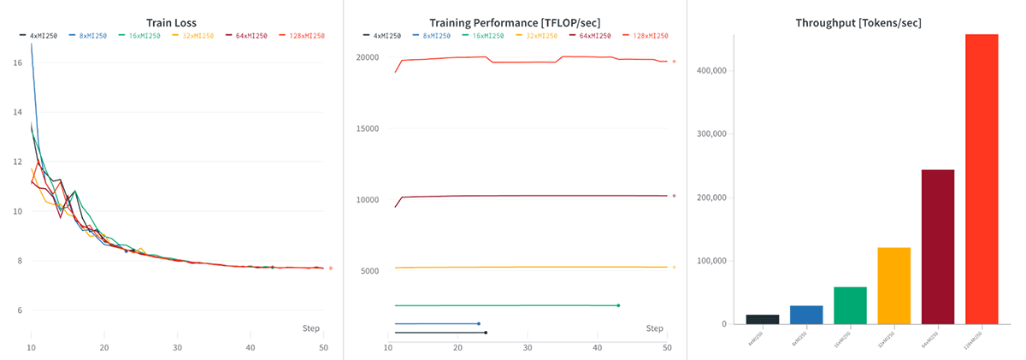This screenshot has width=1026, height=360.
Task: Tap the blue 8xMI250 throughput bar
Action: pos(806,315)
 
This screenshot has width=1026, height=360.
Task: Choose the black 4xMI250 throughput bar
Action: pos(763,319)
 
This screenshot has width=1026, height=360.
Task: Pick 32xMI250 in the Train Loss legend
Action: pos(194,36)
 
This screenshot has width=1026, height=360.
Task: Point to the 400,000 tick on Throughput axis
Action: pos(711,71)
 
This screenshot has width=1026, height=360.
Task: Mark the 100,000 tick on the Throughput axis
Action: pos(711,261)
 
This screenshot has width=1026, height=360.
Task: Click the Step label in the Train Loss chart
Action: pos(312,328)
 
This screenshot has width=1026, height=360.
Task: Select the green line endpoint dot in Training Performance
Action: pos(618,305)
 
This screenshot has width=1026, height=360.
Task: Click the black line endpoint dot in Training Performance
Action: pos(486,333)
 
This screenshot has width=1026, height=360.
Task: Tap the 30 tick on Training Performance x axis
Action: pos(528,349)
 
